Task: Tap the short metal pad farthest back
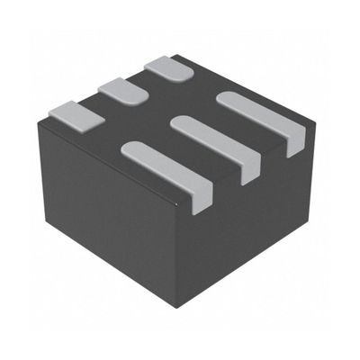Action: click(168, 67)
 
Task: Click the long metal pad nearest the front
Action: click(166, 166)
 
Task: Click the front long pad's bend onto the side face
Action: click(203, 194)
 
